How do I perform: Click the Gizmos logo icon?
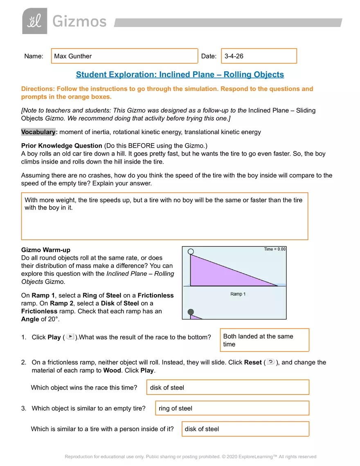(x=35, y=21)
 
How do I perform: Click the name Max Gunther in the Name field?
(x=73, y=56)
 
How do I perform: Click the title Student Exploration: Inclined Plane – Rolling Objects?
(x=180, y=74)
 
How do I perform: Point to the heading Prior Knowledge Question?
(x=61, y=146)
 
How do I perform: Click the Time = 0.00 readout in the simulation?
(x=274, y=249)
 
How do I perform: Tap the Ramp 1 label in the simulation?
(x=238, y=294)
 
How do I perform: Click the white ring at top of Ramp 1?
(x=191, y=252)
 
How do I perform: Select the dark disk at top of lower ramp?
(x=191, y=312)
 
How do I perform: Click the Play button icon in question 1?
(x=70, y=337)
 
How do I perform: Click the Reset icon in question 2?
(x=270, y=362)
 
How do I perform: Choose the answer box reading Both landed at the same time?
(x=264, y=340)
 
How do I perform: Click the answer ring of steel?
(x=175, y=408)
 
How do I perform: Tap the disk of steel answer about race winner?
(x=167, y=387)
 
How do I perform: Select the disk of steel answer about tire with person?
(x=202, y=429)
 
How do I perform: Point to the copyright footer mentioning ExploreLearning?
(x=190, y=457)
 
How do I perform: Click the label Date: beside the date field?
(x=209, y=56)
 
